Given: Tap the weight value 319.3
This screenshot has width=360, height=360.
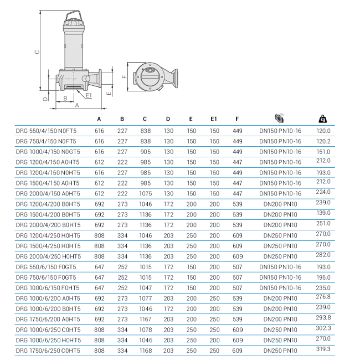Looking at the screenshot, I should click(x=323, y=349).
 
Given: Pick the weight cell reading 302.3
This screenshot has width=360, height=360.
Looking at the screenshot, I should click(x=323, y=328).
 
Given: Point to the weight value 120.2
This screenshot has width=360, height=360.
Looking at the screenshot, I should click(x=323, y=141).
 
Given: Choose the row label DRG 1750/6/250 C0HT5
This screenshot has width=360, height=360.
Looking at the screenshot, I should click(x=48, y=351).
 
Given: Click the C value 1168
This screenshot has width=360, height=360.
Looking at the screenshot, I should click(x=145, y=351).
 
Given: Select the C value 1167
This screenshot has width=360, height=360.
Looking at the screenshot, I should click(x=145, y=319).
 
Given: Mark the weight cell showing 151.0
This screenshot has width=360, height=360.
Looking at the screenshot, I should click(x=323, y=151).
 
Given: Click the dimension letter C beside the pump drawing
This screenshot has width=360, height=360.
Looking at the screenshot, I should click(x=37, y=53).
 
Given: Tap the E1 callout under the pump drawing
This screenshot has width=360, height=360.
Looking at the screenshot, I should click(x=89, y=95).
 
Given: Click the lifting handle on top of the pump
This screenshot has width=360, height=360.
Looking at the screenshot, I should click(x=75, y=15).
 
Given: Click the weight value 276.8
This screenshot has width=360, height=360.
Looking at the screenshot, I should click(x=323, y=297).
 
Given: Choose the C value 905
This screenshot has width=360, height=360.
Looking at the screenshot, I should click(x=145, y=152).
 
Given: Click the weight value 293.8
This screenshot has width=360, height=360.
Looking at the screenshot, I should click(x=323, y=318).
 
